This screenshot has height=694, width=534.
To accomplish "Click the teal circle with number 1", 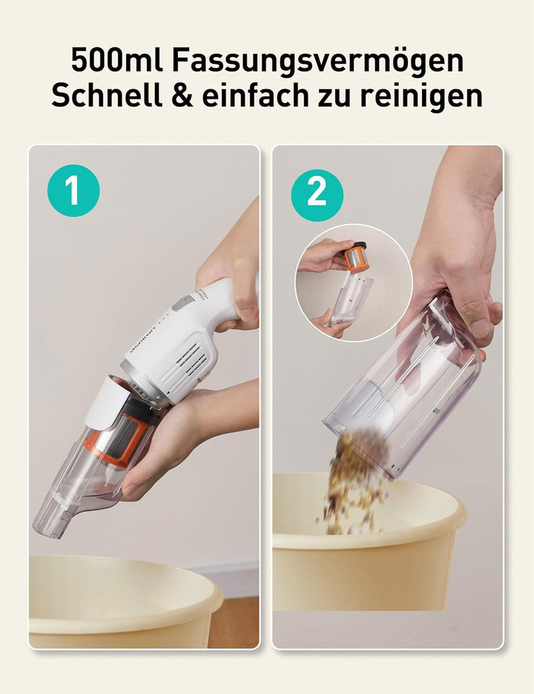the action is (73, 191).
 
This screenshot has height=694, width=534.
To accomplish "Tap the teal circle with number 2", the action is (317, 195).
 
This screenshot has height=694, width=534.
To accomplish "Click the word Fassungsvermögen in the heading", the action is (317, 61).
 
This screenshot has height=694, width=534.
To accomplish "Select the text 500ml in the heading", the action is (116, 60).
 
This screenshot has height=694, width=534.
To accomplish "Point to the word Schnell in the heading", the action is (106, 95).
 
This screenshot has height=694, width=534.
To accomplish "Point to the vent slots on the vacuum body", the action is (186, 362).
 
